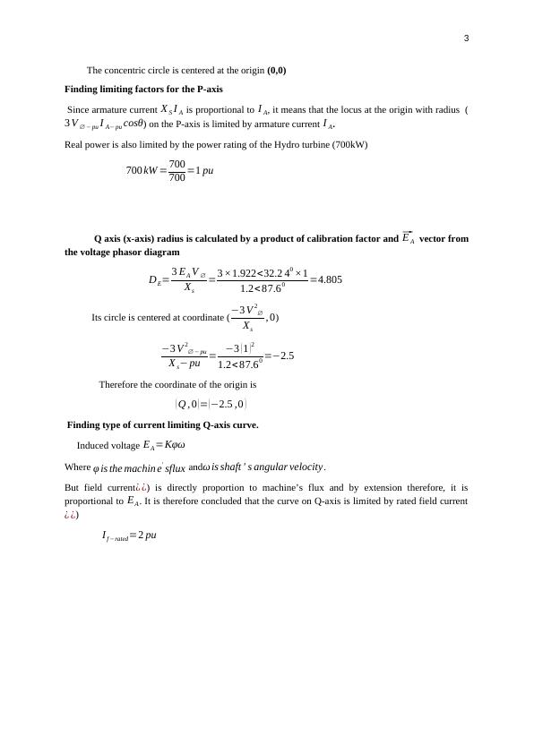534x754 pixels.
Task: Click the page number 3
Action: click(466, 38)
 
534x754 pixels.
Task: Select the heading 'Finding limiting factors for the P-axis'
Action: click(143, 90)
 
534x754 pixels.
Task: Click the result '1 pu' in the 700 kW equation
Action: click(204, 170)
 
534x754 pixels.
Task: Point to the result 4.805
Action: click(326, 279)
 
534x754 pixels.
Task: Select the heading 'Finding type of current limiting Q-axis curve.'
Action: click(163, 424)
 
